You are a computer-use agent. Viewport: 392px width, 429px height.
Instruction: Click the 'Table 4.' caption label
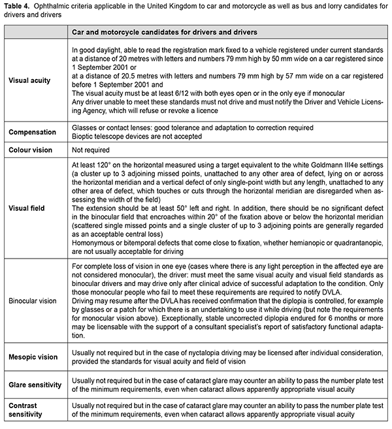19,7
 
